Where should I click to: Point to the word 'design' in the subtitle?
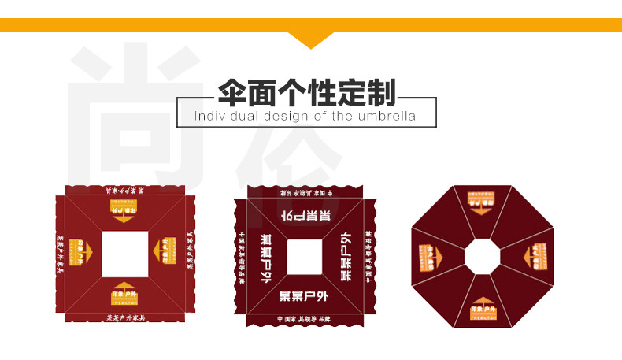click(282, 117)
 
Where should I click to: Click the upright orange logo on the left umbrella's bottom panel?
click(125, 291)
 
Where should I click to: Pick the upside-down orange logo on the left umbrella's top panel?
click(124, 210)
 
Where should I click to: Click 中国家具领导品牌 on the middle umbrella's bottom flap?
click(304, 319)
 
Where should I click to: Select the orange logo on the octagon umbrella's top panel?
click(483, 200)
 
